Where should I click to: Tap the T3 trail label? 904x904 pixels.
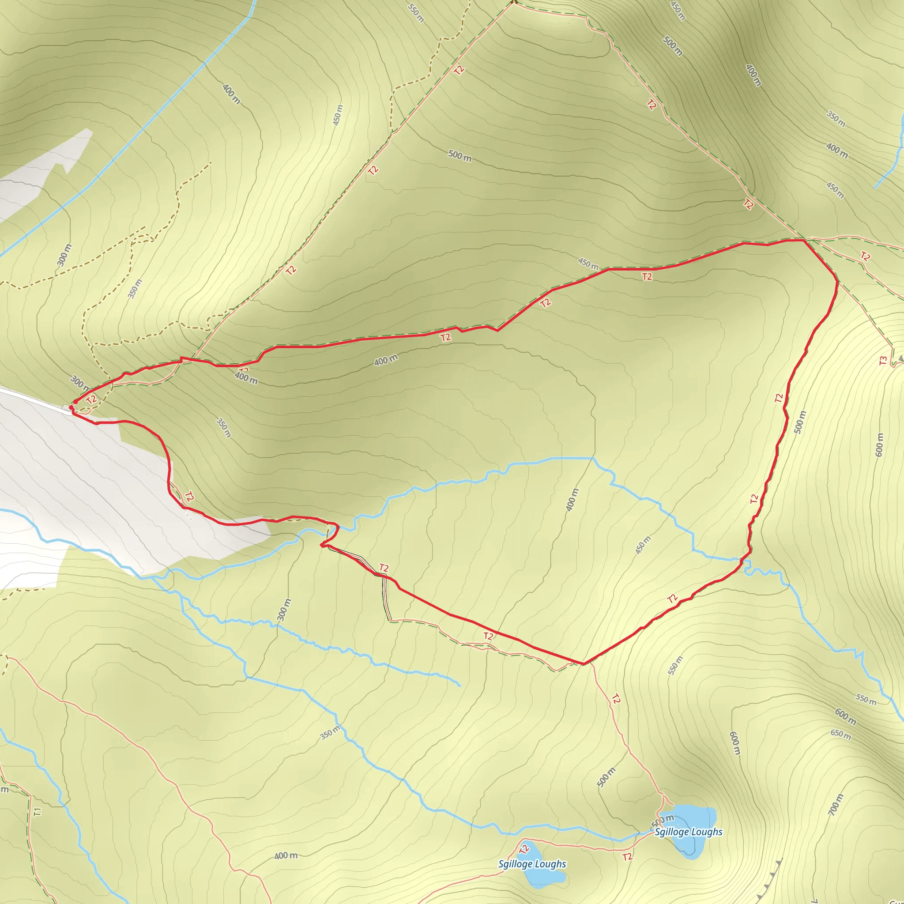882,361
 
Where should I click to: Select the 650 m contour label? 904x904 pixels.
841,734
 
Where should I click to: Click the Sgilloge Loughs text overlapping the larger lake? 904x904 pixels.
688,832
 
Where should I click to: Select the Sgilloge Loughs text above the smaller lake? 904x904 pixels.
532,864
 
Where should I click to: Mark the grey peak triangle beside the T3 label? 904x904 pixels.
901,358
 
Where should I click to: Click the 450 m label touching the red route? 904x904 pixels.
588,264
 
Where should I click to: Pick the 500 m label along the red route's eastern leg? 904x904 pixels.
800,422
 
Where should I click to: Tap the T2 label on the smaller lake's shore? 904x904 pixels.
524,848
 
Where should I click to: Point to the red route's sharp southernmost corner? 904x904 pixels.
583,664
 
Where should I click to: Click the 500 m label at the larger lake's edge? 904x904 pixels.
663,820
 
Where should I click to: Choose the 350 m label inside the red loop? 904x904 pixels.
224,427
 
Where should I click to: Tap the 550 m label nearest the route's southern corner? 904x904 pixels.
675,665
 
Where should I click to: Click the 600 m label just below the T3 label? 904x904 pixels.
880,444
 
